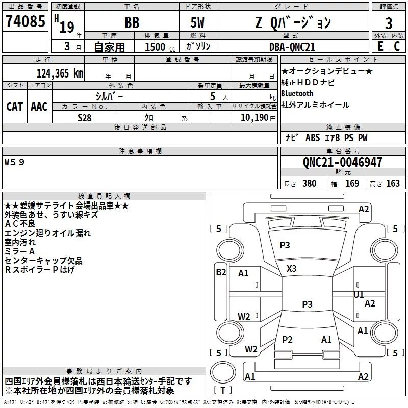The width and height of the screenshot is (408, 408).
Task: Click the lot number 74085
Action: [x=25, y=21]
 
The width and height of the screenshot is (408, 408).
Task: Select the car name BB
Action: [x=132, y=22]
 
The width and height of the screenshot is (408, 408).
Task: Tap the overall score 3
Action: [x=389, y=23]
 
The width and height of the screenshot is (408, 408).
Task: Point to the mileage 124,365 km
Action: [x=60, y=73]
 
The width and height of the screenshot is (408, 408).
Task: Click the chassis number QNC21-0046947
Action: [x=342, y=162]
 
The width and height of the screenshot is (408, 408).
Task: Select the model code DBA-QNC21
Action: [x=292, y=47]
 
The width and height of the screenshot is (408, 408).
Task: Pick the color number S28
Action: [x=84, y=118]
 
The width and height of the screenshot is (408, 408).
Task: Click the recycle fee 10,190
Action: [x=254, y=118]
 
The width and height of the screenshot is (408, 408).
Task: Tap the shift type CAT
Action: [x=15, y=107]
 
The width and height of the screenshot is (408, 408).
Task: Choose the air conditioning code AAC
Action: [x=39, y=107]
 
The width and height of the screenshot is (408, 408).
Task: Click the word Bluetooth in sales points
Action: [x=297, y=93]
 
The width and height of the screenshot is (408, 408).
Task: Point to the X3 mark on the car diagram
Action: [x=291, y=269]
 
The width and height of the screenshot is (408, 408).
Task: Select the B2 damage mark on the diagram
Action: [x=221, y=272]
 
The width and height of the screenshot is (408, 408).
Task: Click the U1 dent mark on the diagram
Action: [x=359, y=295]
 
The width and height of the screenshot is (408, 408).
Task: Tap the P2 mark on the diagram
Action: [x=287, y=339]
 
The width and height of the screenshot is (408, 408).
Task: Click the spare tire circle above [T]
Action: [x=223, y=372]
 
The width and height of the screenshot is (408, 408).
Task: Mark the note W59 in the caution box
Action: [x=14, y=162]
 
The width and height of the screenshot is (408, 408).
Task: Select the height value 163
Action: [x=393, y=184]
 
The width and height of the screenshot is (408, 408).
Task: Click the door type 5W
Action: [x=197, y=22]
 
